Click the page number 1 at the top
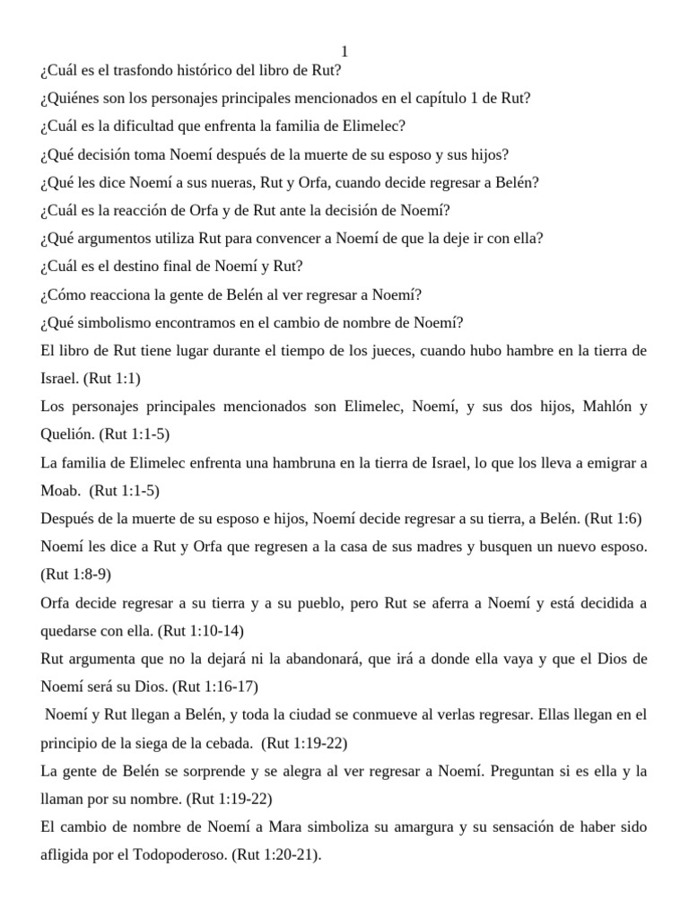(x=344, y=53)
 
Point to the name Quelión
(x=67, y=434)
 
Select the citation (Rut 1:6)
(x=613, y=519)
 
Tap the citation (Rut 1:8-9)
(x=76, y=574)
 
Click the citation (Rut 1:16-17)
(x=215, y=687)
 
